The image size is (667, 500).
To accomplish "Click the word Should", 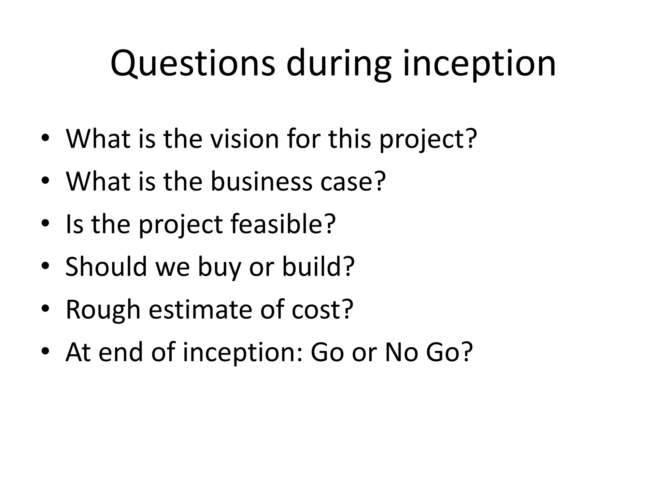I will tap(106, 267).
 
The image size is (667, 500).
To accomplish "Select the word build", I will tap(313, 267).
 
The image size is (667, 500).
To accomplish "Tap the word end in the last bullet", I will tap(121, 352).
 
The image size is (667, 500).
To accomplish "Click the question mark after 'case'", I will tap(380, 181).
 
